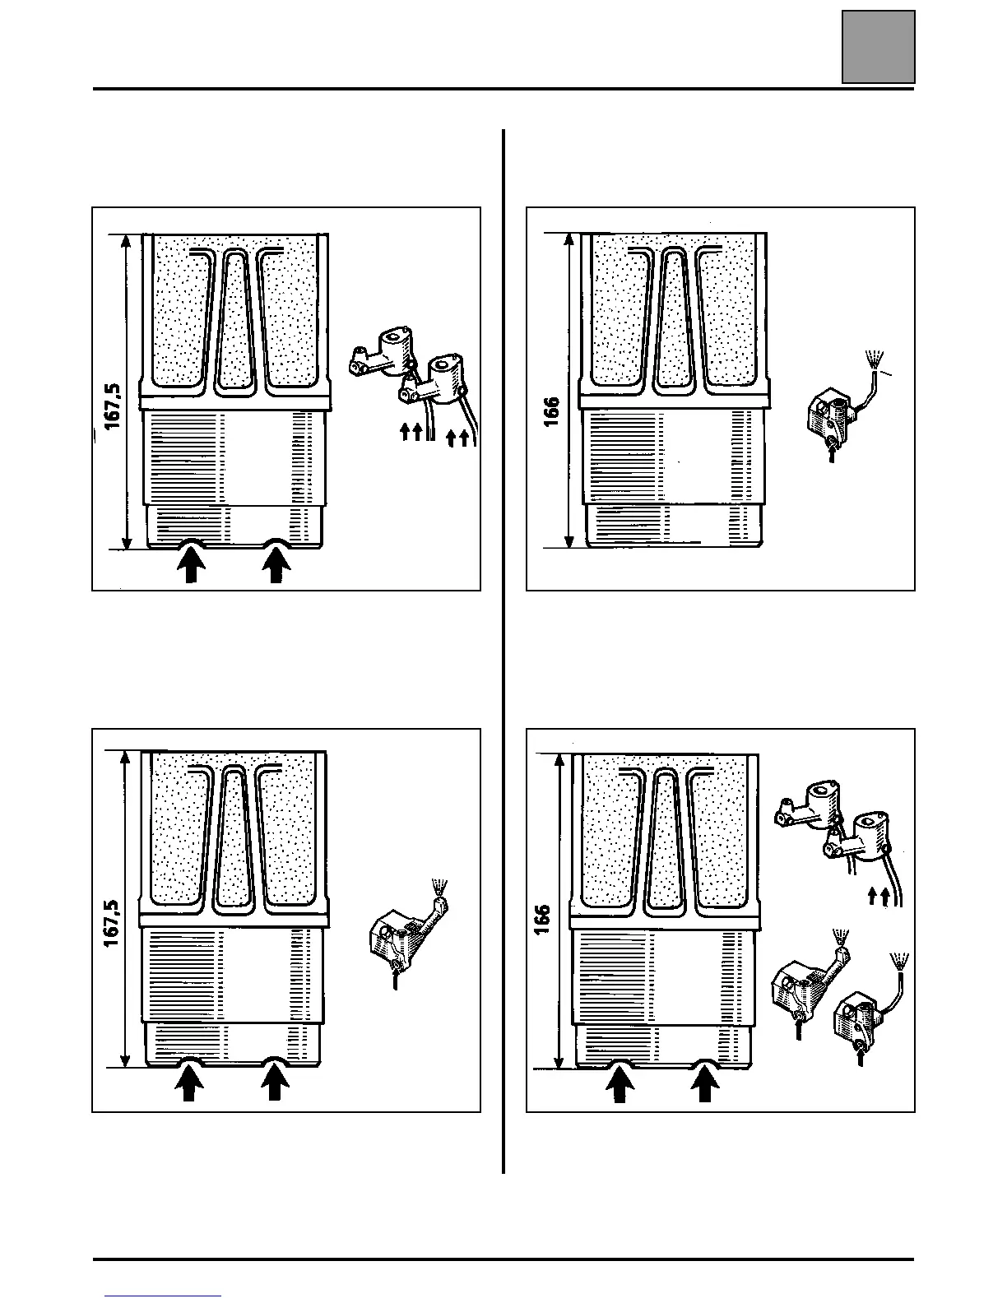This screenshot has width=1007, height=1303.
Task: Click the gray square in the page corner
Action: tap(878, 47)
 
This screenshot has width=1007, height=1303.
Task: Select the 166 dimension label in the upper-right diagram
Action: tap(551, 411)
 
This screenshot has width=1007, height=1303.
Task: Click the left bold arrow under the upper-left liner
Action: tap(191, 566)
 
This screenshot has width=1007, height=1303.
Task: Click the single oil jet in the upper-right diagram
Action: tap(831, 415)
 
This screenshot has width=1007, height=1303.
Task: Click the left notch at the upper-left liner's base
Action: tap(191, 543)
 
